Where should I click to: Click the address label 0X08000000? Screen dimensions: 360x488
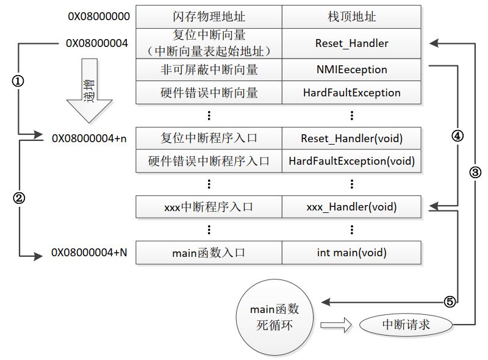99,16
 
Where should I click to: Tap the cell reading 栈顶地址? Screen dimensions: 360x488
351,16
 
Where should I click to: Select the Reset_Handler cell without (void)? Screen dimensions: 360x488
351,43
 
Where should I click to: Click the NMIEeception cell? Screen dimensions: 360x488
351,70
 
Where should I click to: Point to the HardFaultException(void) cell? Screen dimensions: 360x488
351,161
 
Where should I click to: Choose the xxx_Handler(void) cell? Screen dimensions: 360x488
351,207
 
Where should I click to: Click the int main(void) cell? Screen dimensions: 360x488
351,252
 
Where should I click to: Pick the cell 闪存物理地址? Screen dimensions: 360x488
209,16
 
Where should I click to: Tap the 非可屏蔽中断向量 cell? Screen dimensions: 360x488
209,70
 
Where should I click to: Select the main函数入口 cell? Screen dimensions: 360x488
209,252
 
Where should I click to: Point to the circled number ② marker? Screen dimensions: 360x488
18,198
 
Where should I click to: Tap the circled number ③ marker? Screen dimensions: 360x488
475,172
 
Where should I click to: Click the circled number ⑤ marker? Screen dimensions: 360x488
449,301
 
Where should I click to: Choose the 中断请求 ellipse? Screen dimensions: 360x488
406,325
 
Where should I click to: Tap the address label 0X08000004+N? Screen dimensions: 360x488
89,252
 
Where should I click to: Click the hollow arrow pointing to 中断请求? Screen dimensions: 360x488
337,325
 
